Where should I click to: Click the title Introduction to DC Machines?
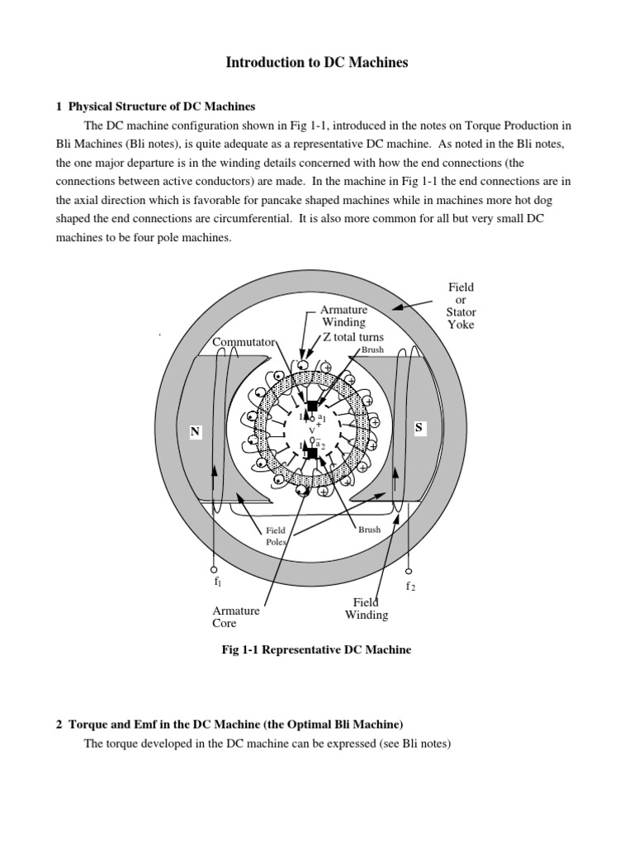click(x=318, y=62)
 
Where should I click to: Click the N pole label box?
click(x=196, y=432)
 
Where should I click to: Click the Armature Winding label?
click(x=344, y=316)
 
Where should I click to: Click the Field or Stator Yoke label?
click(x=461, y=306)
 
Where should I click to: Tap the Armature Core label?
click(x=236, y=616)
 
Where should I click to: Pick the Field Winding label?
click(x=367, y=609)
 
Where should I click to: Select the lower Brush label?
click(x=369, y=530)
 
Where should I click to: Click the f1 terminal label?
click(x=218, y=582)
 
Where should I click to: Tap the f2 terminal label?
click(x=409, y=586)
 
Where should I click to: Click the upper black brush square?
click(x=312, y=406)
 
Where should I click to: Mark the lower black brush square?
click(x=312, y=453)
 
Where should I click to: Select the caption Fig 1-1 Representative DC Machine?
click(x=316, y=650)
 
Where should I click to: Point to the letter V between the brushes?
click(x=312, y=430)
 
